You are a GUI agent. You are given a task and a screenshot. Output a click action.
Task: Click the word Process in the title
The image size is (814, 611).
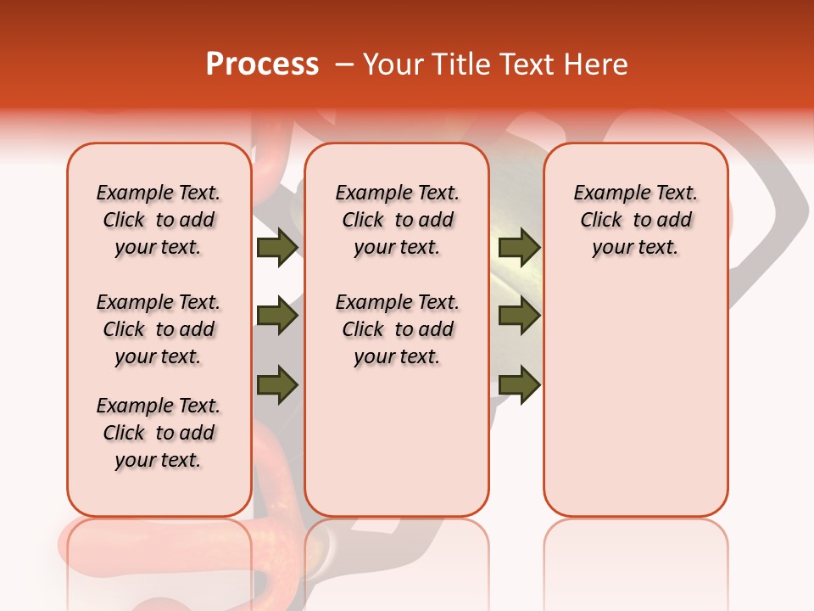262,64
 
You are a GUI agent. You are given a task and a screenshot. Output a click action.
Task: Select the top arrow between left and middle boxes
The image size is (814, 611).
277,248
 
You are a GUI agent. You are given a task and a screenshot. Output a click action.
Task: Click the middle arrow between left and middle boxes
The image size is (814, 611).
277,317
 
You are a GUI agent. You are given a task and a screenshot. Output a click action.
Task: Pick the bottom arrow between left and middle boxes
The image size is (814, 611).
277,384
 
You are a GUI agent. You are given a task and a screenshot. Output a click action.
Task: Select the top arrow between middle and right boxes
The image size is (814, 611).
519,248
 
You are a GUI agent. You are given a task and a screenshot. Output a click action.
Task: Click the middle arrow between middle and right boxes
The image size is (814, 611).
519,317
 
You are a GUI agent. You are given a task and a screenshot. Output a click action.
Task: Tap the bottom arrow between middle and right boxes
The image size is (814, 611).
519,384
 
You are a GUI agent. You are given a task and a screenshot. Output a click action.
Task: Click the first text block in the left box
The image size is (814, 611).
159,220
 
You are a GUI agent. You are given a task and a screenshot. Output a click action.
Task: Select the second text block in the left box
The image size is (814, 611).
159,329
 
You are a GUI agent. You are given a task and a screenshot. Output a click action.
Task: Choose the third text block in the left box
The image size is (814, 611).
159,433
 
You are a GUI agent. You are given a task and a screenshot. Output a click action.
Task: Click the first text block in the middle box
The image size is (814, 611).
398,220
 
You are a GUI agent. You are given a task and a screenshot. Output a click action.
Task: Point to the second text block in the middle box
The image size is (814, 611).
398,329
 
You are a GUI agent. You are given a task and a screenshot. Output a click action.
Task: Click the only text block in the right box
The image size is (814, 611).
636,220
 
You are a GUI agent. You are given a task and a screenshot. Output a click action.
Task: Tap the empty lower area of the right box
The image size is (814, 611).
636,399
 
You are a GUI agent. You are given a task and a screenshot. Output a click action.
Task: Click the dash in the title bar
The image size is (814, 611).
344,64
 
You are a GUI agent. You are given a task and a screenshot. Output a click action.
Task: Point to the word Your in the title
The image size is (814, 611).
393,64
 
